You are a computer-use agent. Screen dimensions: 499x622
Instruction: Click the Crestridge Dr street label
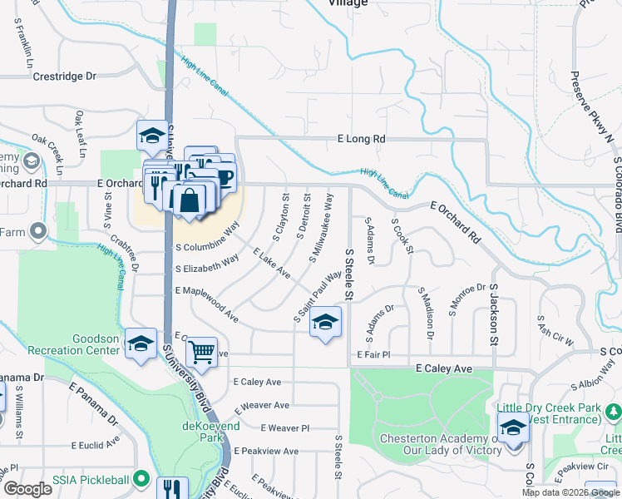64,77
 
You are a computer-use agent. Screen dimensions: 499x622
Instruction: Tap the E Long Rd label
362,139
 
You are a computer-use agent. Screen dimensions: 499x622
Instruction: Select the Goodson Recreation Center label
73,344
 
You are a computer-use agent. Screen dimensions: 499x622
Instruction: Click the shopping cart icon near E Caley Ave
201,353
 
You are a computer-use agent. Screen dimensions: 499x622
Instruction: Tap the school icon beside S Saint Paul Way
325,323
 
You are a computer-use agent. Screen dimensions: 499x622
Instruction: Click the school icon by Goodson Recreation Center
141,343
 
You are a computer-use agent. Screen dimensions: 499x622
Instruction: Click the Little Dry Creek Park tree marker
613,411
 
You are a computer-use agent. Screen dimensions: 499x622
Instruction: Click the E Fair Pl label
373,355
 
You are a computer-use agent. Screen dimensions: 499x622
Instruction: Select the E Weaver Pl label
284,427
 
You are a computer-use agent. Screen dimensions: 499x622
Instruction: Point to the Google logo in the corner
27,489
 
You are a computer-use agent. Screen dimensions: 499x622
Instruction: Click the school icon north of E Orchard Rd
152,135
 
